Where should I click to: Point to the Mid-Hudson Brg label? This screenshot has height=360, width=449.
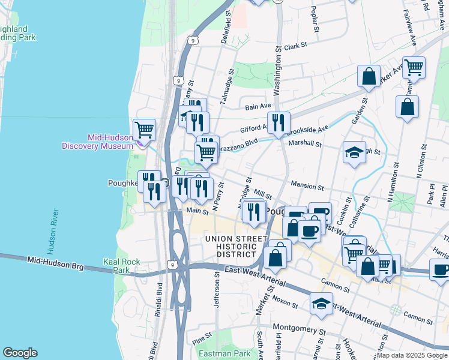tap(55, 261)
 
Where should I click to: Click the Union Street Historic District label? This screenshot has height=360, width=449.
tap(235, 247)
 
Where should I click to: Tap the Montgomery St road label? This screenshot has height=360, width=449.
tap(298, 328)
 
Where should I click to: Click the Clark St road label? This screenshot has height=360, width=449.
tap(295, 46)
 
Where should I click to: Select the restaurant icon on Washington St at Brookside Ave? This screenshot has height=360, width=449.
tap(278, 123)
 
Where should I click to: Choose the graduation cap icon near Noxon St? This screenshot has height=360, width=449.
tap(322, 303)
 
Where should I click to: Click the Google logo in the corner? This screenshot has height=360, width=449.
tap(20, 353)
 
